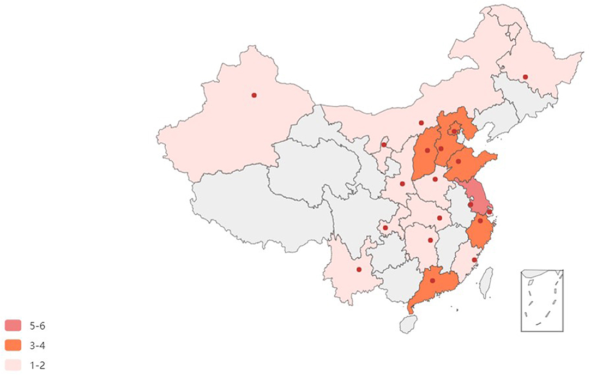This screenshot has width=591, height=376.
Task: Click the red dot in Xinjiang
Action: pyautogui.click(x=254, y=95)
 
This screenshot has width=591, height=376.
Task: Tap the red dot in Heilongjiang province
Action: pyautogui.click(x=526, y=77)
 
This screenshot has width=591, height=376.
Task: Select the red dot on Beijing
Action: pyautogui.click(x=454, y=131)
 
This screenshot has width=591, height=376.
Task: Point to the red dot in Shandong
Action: pyautogui.click(x=459, y=161)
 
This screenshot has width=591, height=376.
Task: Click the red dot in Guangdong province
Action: pyautogui.click(x=432, y=281)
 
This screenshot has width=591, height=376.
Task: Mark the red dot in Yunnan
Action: pyautogui.click(x=359, y=269)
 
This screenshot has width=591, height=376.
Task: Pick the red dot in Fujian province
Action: pyautogui.click(x=474, y=260)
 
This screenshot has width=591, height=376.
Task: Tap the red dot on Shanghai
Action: pyautogui.click(x=490, y=211)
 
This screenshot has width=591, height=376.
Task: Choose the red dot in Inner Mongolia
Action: pyautogui.click(x=421, y=123)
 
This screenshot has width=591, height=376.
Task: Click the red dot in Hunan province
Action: pyautogui.click(x=430, y=240)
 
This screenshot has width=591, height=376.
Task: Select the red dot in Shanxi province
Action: pyautogui.click(x=427, y=150)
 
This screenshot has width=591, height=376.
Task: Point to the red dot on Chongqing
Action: pyautogui.click(x=385, y=228)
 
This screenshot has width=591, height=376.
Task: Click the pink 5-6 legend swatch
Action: pyautogui.click(x=13, y=326)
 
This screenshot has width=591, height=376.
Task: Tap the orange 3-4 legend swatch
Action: pyautogui.click(x=13, y=345)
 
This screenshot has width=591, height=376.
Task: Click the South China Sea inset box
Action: pyautogui.click(x=542, y=300)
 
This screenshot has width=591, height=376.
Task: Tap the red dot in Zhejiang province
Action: pyautogui.click(x=480, y=221)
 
